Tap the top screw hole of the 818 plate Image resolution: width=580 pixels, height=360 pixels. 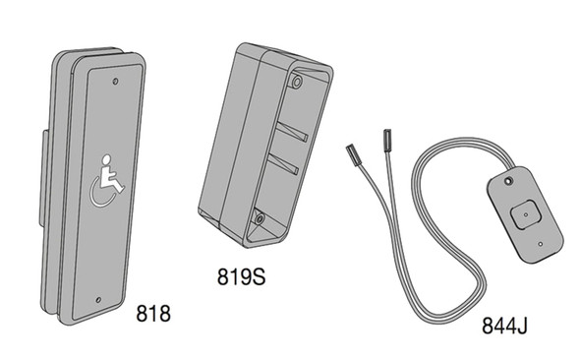116,79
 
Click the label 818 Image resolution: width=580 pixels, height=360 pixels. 153,315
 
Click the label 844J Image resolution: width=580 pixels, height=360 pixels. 505,325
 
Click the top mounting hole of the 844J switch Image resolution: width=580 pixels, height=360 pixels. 507,181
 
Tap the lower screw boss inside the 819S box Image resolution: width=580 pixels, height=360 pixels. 259,216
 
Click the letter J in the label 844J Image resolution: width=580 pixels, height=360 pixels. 522,325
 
